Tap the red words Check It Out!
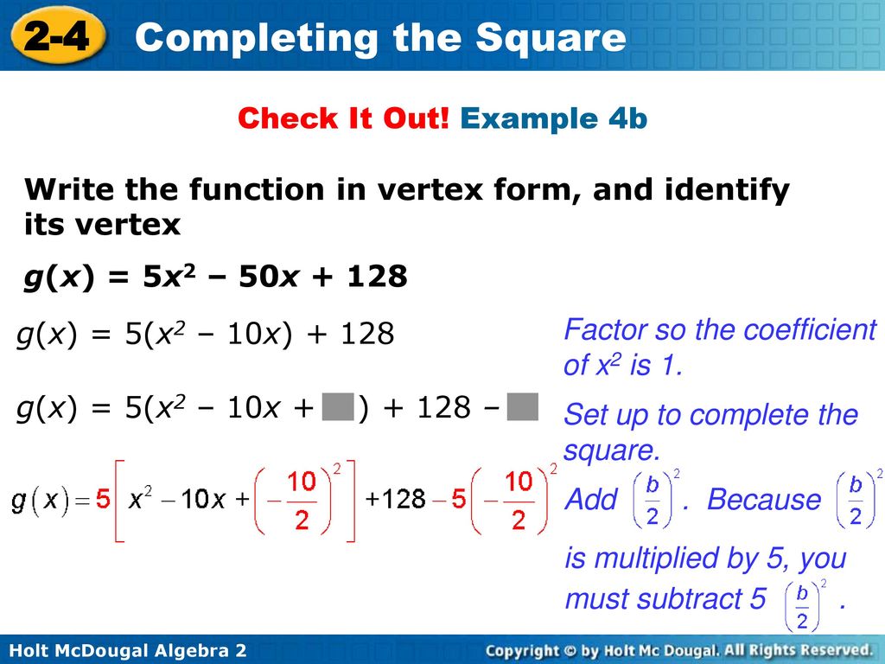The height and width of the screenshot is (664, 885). coord(344,118)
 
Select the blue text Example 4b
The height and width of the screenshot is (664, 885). coord(554,118)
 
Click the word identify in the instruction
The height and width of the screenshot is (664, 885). coord(728,189)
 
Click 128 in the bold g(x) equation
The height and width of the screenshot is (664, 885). coord(377,276)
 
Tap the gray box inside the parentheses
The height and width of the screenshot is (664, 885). coord(338,407)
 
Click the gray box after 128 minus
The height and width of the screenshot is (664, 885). coord(522,407)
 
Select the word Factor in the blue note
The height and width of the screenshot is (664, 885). coord(605,329)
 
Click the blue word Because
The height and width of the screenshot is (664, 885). coord(764,500)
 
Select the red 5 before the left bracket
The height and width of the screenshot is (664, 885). coord(103,499)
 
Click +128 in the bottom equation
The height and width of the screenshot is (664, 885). coord(395,499)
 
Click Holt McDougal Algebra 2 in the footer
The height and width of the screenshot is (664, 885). coord(128,650)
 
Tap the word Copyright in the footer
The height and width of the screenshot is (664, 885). coord(522,651)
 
